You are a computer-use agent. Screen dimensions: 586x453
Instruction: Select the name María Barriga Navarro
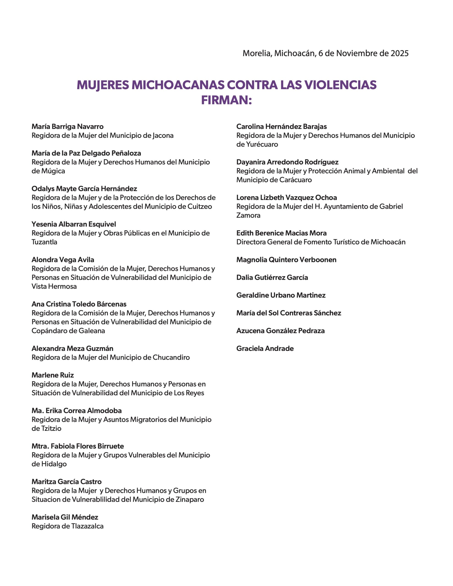point(67,126)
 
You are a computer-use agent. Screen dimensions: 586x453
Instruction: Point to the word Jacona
point(163,136)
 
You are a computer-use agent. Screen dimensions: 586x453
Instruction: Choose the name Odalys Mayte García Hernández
point(84,189)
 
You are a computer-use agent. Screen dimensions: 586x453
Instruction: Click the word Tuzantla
point(44,242)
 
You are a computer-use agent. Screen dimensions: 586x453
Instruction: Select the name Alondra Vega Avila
point(63,260)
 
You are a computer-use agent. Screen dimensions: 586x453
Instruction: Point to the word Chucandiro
point(171,357)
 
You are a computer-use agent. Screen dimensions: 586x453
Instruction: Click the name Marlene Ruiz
point(53,375)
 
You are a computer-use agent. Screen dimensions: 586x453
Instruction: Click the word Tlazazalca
point(87,526)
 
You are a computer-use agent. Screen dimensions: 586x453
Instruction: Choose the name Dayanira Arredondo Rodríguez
point(287,162)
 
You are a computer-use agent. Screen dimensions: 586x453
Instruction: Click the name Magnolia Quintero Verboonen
point(286,260)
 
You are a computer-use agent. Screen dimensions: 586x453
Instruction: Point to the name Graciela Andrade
point(265,349)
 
